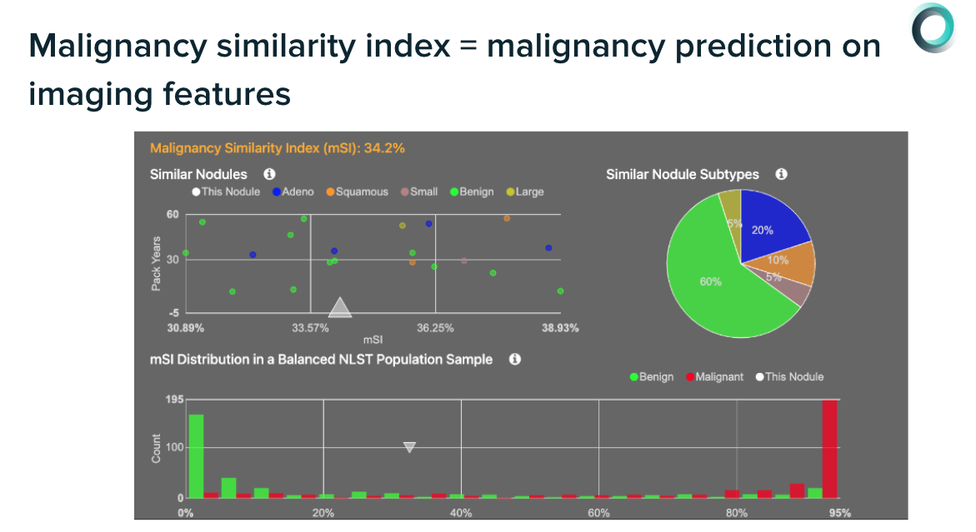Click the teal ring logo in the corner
[x=932, y=28]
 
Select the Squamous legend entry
[x=358, y=191]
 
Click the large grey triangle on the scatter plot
[x=340, y=307]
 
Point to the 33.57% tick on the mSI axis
[x=310, y=327]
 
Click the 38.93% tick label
[x=559, y=327]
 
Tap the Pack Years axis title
[x=156, y=264]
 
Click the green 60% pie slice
[x=717, y=283]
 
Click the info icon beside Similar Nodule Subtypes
[x=781, y=174]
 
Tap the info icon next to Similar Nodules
[x=269, y=174]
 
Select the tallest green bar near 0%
[x=196, y=455]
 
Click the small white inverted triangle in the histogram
[x=409, y=447]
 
